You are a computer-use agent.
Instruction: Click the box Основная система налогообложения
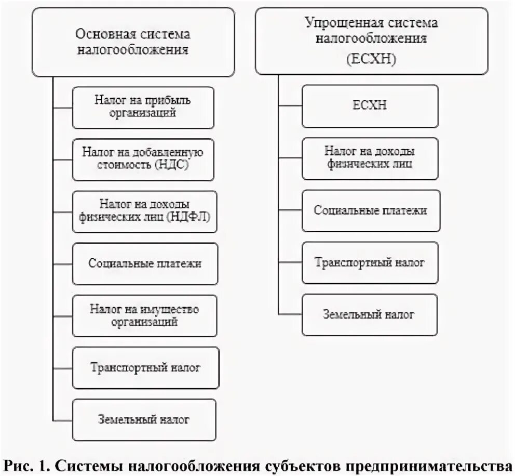tap(133, 42)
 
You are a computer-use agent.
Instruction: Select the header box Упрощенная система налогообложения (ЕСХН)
tap(371, 40)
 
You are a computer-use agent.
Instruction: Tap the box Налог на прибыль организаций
tap(143, 108)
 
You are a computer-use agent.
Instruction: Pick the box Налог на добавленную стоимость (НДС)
tap(143, 160)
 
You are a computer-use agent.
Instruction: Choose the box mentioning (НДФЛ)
tap(145, 211)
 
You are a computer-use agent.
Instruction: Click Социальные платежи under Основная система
tap(145, 263)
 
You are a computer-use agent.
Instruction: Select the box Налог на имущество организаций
tap(144, 315)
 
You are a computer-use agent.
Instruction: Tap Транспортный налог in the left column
tap(145, 368)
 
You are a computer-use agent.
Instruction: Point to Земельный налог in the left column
tap(144, 419)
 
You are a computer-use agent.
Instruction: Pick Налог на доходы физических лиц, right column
tap(370, 158)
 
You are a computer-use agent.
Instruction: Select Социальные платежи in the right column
tap(371, 210)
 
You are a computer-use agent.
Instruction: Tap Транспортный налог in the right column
tap(370, 262)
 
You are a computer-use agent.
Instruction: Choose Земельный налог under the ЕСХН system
tap(369, 314)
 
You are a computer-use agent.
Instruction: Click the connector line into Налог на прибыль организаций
tap(62, 108)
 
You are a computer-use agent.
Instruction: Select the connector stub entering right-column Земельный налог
tap(290, 314)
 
